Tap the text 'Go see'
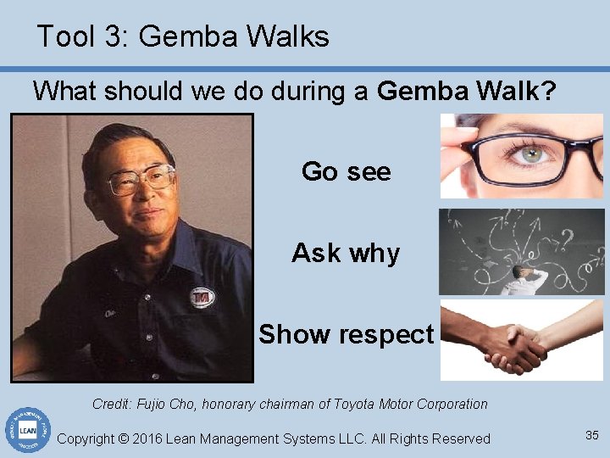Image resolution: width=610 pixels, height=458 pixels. [346, 171]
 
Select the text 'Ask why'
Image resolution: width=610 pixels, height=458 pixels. [346, 253]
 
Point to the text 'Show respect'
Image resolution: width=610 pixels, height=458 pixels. [346, 334]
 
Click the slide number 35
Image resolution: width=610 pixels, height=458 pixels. [591, 435]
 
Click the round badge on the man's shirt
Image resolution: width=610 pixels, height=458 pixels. [202, 297]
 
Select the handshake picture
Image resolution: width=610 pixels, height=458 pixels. [522, 339]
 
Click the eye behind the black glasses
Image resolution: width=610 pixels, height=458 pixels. [531, 155]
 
